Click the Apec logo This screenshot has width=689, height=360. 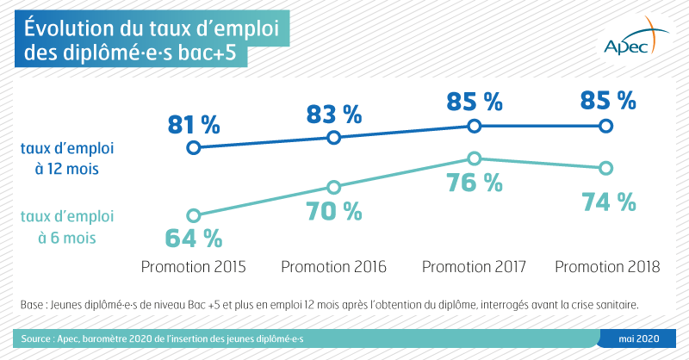point(636,37)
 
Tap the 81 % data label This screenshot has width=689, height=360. point(194,125)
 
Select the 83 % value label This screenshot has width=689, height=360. point(334,115)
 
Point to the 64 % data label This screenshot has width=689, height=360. point(193,239)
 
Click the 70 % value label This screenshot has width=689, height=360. point(334,211)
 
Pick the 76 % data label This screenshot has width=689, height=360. point(475,183)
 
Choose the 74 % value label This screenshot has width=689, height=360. point(609,202)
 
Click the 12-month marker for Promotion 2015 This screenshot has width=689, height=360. point(193,147)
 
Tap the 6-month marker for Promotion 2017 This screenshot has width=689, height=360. point(475,158)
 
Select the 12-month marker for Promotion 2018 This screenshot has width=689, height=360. point(606,126)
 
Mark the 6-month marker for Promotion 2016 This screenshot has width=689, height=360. point(334,188)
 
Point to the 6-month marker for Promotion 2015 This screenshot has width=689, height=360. point(193,216)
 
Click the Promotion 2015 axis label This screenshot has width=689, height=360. point(193,267)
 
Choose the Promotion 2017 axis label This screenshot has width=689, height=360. point(474,267)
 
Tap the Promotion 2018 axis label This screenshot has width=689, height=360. point(607,267)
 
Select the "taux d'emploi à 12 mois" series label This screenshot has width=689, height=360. point(67,158)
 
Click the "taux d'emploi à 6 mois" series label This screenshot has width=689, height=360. point(67,227)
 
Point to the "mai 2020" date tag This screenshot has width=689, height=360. point(639,338)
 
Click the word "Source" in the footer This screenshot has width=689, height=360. point(35,339)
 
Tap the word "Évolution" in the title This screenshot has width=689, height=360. point(69,28)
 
